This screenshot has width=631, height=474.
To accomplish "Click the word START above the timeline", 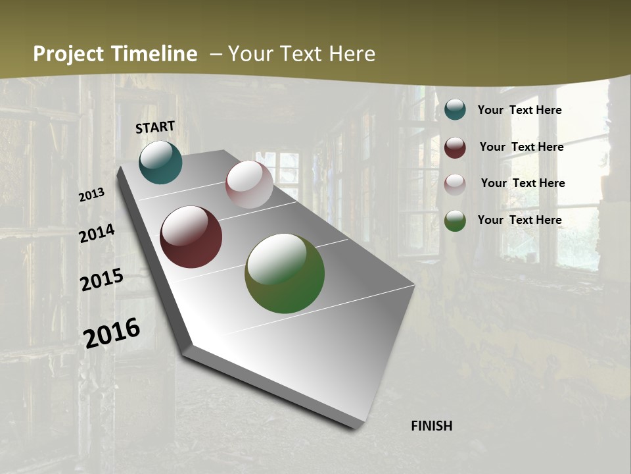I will pyautogui.click(x=155, y=127).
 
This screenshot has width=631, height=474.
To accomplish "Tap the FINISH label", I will pyautogui.click(x=431, y=426).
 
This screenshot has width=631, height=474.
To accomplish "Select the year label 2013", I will pyautogui.click(x=91, y=195).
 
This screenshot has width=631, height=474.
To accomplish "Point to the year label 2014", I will pyautogui.click(x=97, y=234).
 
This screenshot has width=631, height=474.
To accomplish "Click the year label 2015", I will pyautogui.click(x=102, y=280).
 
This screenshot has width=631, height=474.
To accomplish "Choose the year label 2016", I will pyautogui.click(x=112, y=332).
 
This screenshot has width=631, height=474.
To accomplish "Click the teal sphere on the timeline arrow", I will pyautogui.click(x=160, y=163).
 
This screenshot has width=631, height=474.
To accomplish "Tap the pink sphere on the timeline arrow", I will pyautogui.click(x=249, y=184).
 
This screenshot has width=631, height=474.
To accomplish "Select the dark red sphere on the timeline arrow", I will pyautogui.click(x=191, y=237).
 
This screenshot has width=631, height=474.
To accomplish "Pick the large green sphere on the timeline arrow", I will pyautogui.click(x=285, y=273).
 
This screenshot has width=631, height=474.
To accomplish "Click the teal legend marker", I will pyautogui.click(x=455, y=110).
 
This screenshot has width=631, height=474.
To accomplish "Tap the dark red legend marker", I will pyautogui.click(x=455, y=147).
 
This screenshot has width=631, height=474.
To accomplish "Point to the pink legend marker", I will pyautogui.click(x=455, y=184).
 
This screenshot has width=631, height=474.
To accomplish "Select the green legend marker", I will pyautogui.click(x=455, y=221).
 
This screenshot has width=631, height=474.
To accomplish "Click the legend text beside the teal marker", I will pyautogui.click(x=519, y=110).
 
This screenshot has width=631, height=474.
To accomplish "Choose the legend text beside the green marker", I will pyautogui.click(x=519, y=220).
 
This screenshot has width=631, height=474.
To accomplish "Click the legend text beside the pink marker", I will pyautogui.click(x=523, y=183).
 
